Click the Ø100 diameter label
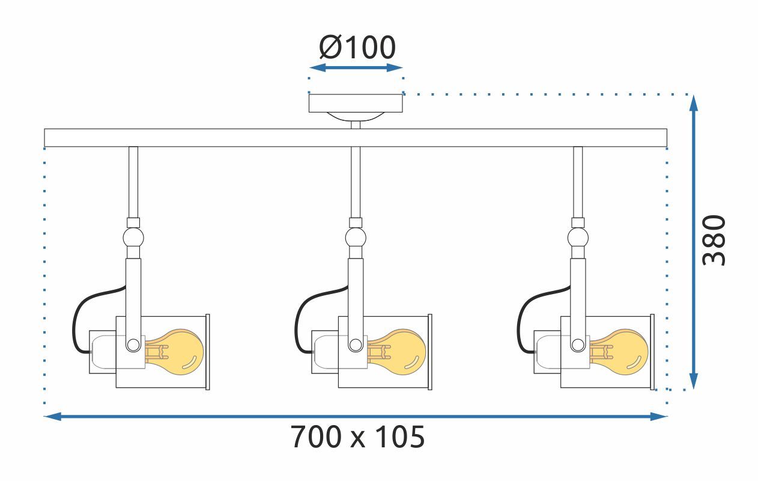(358, 47)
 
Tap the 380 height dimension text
(715, 240)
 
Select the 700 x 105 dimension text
(358, 437)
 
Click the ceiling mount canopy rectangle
(356, 103)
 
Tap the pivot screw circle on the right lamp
(578, 345)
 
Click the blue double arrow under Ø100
(356, 67)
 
